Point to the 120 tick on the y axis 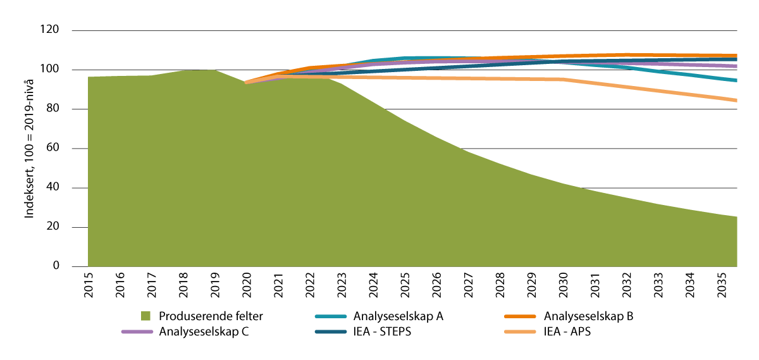[51, 30]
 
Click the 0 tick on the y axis [56, 266]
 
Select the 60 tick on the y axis [53, 149]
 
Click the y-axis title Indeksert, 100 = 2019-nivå [29, 148]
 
